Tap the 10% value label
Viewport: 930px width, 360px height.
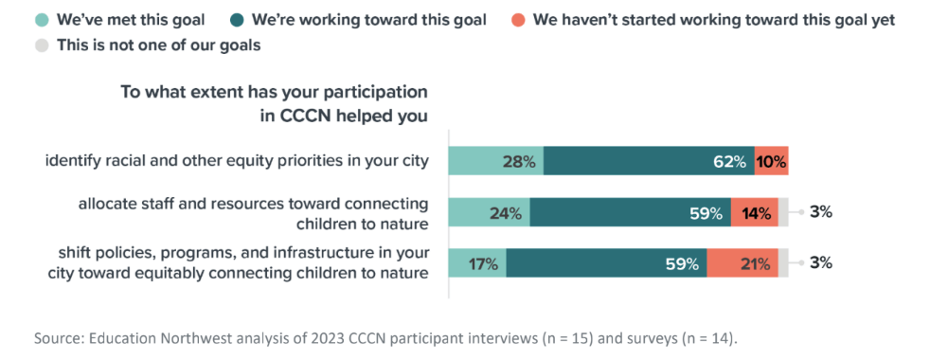[772, 161]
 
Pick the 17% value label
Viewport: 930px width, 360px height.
[484, 263]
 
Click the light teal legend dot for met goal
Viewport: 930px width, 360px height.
[41, 20]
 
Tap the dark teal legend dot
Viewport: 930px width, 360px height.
[236, 20]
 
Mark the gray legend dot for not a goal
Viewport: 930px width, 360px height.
[41, 45]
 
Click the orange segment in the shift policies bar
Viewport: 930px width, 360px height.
[742, 263]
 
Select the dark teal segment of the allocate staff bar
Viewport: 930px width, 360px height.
[631, 212]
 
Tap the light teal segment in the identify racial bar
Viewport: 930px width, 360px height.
[496, 161]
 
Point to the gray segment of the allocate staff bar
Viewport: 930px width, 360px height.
[783, 212]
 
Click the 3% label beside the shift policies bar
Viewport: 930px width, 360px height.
[821, 262]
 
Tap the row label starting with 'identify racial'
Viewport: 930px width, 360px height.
[238, 162]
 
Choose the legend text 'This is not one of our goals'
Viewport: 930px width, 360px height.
[158, 45]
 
